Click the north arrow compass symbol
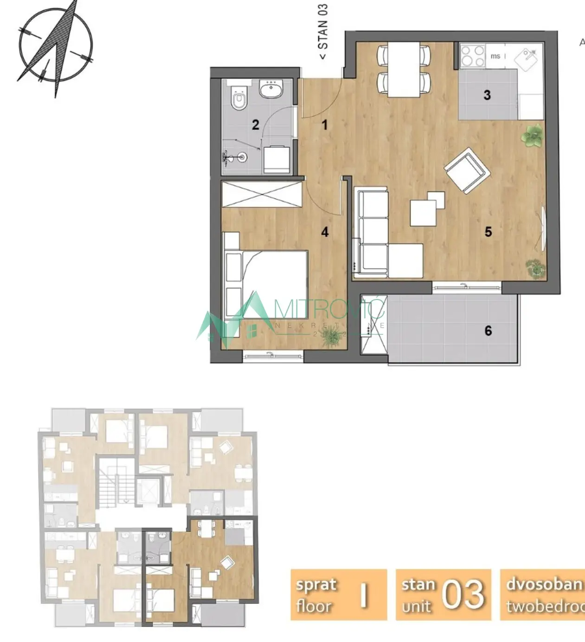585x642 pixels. [x=55, y=46]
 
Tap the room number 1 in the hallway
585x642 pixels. [x=325, y=124]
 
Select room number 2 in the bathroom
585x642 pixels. [x=255, y=124]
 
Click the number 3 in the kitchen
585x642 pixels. [x=487, y=95]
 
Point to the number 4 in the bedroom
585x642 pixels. [x=325, y=231]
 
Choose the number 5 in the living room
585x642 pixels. [x=488, y=231]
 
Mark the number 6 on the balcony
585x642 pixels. [x=488, y=331]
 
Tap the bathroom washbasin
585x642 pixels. [x=272, y=89]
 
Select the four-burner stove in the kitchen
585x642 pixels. [x=472, y=55]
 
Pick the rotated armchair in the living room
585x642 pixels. [x=467, y=170]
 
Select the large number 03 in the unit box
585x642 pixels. [x=463, y=595]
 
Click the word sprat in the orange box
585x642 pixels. [x=316, y=585]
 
